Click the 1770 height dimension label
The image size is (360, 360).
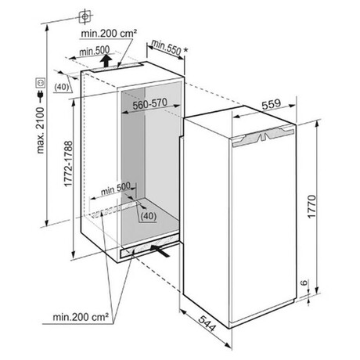pyautogui.click(x=311, y=207)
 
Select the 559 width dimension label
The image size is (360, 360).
pyautogui.click(x=272, y=104)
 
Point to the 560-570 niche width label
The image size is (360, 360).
pyautogui.click(x=149, y=104)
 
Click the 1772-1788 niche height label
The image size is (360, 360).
pyautogui.click(x=68, y=164)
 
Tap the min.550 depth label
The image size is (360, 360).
pyautogui.click(x=167, y=48)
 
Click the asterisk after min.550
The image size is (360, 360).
pyautogui.click(x=185, y=49)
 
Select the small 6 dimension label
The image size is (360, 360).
pyautogui.click(x=304, y=283)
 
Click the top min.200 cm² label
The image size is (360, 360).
pyautogui.click(x=109, y=34)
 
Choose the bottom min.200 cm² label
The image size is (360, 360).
pyautogui.click(x=81, y=317)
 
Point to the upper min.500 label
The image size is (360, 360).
pyautogui.click(x=95, y=51)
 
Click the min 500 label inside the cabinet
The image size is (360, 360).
pyautogui.click(x=115, y=189)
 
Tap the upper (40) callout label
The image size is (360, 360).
pyautogui.click(x=62, y=87)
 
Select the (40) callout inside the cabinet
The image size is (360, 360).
pyautogui.click(x=148, y=216)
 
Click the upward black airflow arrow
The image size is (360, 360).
pyautogui.click(x=106, y=61)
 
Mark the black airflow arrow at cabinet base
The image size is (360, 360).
pyautogui.click(x=160, y=250)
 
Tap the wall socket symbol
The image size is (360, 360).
pyautogui.click(x=41, y=83)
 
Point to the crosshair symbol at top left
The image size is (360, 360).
pyautogui.click(x=85, y=16)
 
